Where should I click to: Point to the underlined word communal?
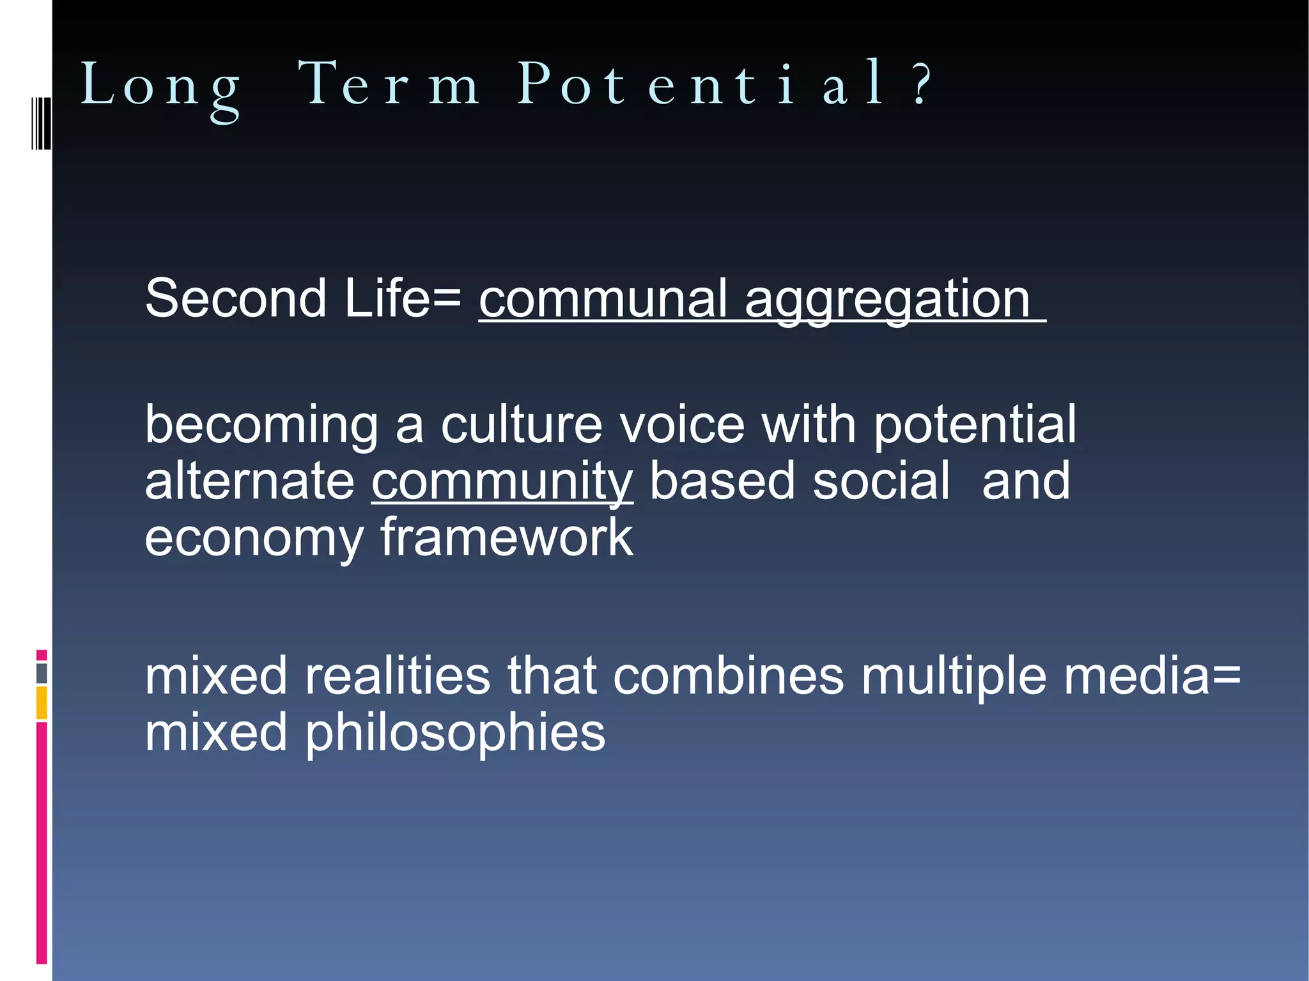tap(603, 299)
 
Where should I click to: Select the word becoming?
tap(261, 426)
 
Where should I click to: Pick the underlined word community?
tap(502, 482)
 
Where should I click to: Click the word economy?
tap(254, 539)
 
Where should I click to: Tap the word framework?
tap(507, 537)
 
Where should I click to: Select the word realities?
tap(397, 676)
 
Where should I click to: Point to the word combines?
tap(728, 676)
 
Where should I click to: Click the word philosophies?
tap(454, 733)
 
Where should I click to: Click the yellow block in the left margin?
tap(42, 702)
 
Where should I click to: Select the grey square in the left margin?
tap(42, 673)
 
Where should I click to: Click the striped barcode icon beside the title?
tap(41, 123)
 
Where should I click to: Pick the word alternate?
tap(249, 482)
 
